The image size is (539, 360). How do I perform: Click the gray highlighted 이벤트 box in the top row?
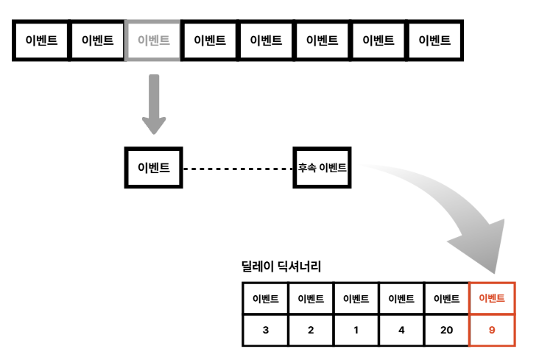(154, 40)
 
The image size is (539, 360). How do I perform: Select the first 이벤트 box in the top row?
(41, 40)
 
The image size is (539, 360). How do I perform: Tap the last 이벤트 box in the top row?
(434, 40)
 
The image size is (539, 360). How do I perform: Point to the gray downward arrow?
(154, 103)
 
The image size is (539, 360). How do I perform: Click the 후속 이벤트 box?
(322, 168)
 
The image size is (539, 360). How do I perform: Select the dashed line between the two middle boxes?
(238, 169)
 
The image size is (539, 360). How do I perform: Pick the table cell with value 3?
(265, 330)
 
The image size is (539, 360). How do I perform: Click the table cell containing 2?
(311, 330)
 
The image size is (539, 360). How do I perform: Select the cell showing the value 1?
(356, 330)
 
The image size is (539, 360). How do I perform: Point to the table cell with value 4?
(401, 330)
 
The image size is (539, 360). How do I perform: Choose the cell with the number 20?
(446, 330)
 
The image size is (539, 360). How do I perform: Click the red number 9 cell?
(492, 330)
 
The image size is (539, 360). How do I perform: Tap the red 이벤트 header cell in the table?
(492, 299)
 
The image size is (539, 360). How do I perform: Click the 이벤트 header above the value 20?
(446, 299)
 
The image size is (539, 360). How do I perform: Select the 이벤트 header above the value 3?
(265, 299)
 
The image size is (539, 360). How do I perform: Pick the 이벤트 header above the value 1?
(356, 299)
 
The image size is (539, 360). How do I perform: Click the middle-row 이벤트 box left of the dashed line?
(154, 168)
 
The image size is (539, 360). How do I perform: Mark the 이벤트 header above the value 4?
(401, 299)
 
